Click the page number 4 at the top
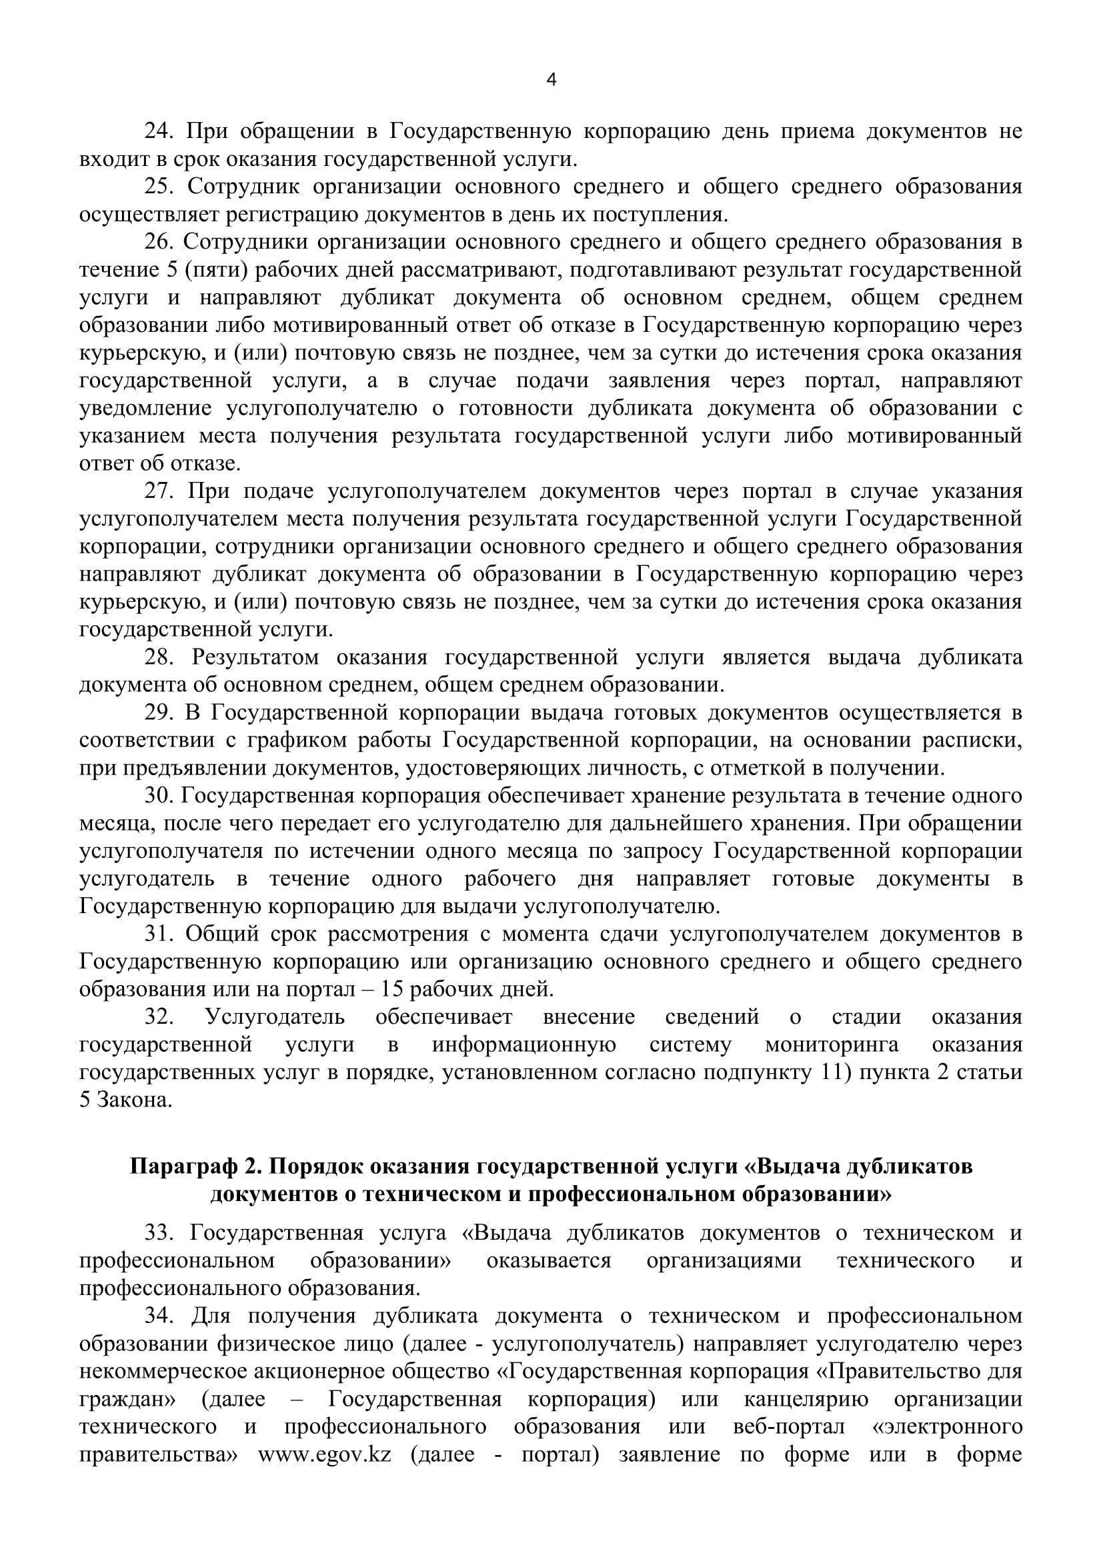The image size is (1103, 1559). coord(551,80)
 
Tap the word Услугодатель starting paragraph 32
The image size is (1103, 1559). coord(274,1017)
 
